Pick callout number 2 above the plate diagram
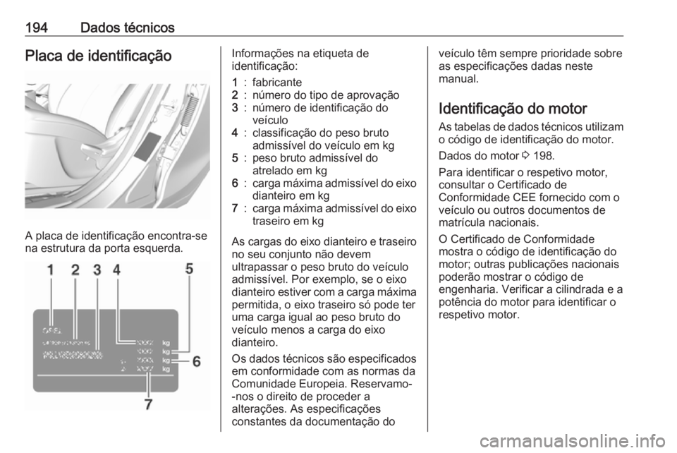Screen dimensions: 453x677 (75, 270)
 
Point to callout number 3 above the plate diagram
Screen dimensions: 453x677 (97, 270)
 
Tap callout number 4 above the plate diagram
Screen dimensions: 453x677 (116, 270)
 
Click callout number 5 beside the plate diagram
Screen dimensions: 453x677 (190, 268)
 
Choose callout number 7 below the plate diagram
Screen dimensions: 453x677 (148, 404)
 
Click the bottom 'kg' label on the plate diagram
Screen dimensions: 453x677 (166, 368)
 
